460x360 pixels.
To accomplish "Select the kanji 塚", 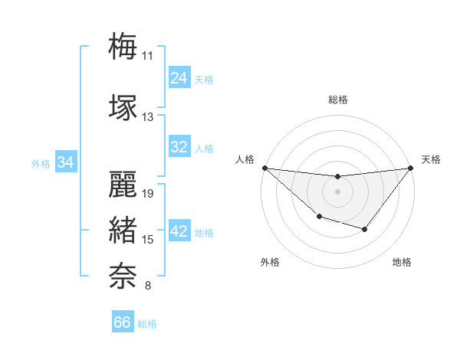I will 123,106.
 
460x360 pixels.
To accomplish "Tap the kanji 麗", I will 123,183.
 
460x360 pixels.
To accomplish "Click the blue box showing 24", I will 179,77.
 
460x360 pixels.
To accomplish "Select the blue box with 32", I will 179,147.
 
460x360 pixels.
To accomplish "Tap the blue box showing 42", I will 179,231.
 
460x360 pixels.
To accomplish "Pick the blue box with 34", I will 65,162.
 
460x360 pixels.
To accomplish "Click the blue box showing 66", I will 122,322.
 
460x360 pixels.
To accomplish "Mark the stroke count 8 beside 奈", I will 148,286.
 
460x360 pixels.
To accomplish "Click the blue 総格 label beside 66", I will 147,324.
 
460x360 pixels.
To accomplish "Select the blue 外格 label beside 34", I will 41,164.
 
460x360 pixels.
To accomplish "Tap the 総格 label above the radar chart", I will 337,100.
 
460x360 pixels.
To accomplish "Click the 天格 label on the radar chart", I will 432,159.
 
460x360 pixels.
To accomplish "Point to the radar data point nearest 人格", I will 264,168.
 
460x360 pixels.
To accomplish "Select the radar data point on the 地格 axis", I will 365,229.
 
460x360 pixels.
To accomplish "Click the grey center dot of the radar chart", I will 337,191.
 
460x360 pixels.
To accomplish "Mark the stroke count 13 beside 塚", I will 147,117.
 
